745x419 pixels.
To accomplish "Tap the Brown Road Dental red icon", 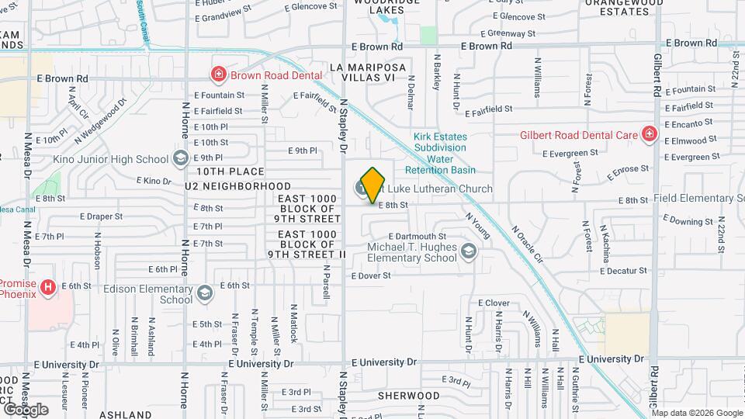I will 220,74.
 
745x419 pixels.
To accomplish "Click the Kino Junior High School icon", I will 181,158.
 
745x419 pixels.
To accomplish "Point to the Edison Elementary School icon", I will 204,293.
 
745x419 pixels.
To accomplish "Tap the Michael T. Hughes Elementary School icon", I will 469,251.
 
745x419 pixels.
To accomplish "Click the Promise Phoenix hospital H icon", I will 49,289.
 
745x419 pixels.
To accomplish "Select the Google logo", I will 26,410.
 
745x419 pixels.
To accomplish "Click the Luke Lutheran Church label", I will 439,189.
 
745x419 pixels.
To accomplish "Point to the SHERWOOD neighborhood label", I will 408,396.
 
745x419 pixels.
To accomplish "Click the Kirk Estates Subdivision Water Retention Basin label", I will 440,153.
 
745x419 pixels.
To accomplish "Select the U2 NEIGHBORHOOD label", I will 237,186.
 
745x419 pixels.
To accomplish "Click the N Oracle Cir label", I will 528,243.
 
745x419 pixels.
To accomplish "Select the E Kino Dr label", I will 154,181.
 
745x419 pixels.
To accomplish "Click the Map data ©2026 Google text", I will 696,413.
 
